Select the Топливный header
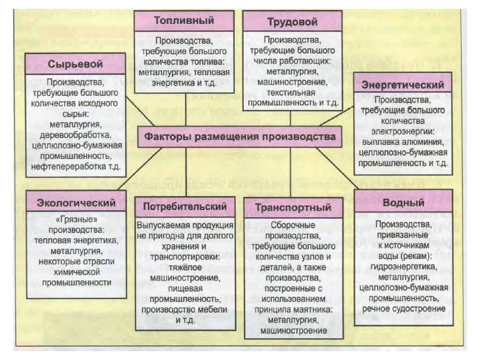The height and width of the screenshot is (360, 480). pos(184,21)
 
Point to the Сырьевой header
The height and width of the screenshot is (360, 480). pos(75,64)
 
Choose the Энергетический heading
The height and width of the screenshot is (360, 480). pos(403,85)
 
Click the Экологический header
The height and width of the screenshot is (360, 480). pos(76,203)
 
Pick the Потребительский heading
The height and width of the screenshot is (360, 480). pos(184,207)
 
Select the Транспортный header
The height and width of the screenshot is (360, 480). pos(293,208)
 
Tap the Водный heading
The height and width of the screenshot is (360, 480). pos(404,203)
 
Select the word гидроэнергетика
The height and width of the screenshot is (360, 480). pos(404,267)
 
